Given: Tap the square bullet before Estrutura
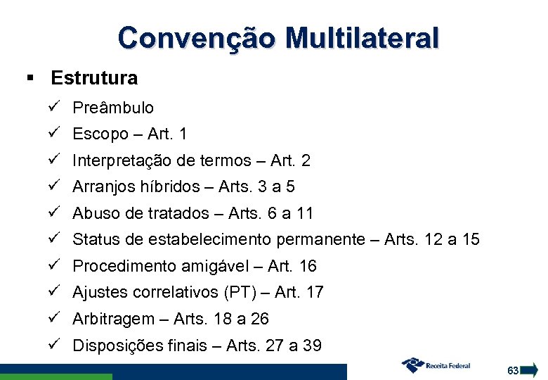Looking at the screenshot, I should click(x=30, y=77).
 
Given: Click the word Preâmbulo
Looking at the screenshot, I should click(x=113, y=108).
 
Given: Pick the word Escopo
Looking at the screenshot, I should click(x=100, y=134).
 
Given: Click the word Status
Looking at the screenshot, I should click(x=96, y=239).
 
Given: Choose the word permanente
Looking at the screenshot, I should click(x=321, y=239).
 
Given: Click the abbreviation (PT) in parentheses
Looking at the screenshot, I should click(x=244, y=292).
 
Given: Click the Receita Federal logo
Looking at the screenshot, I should click(x=435, y=365).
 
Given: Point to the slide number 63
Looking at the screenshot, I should click(x=512, y=370).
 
